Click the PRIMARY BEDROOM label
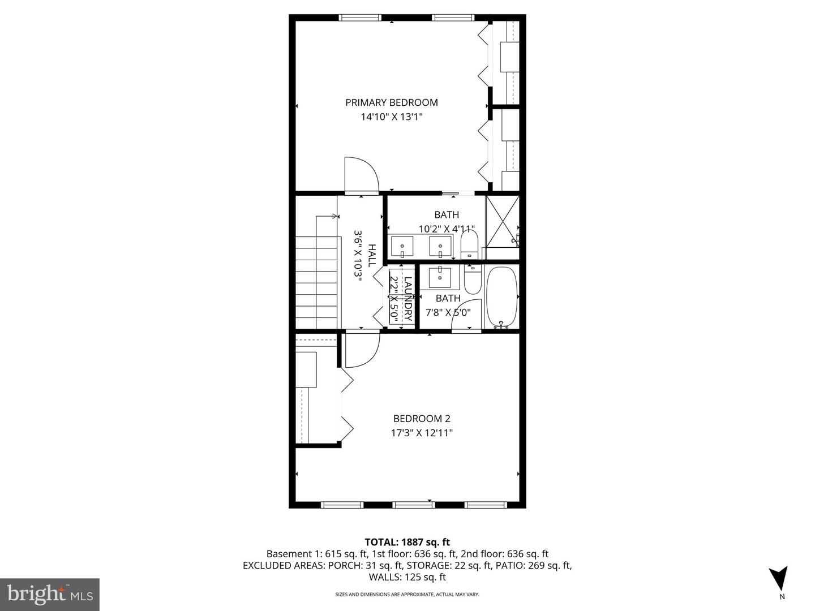(x=392, y=102)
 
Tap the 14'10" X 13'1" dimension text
(x=392, y=117)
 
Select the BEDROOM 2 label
(x=422, y=419)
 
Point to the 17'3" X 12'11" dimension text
(x=422, y=433)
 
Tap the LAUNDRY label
(x=407, y=299)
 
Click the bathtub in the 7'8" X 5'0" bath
(x=501, y=297)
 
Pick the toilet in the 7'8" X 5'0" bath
(x=472, y=279)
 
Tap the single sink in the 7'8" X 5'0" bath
(x=440, y=277)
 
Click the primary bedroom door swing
(x=361, y=176)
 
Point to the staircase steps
(x=316, y=282)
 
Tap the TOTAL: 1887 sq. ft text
(x=407, y=542)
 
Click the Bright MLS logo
(x=50, y=594)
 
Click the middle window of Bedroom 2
(x=413, y=504)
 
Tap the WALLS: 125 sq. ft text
(x=407, y=577)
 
